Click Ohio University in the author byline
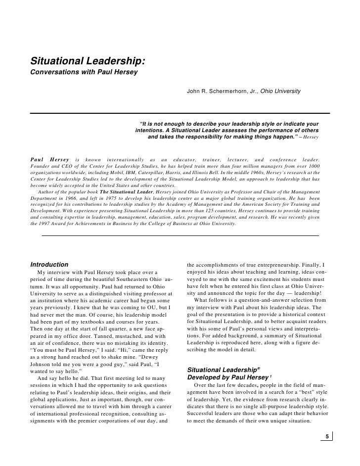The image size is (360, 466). pyautogui.click(x=281, y=92)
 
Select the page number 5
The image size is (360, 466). pyautogui.click(x=326, y=436)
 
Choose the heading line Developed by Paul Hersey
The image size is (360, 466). pyautogui.click(x=220, y=378)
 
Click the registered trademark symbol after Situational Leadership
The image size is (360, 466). pyautogui.click(x=259, y=368)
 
